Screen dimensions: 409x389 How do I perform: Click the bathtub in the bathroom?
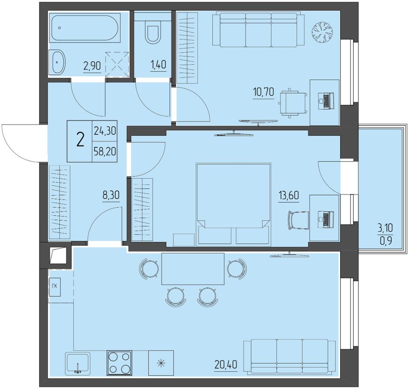tap(85, 28)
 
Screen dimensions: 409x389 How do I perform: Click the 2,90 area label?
tap(92, 66)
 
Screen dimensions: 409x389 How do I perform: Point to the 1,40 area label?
tap(158, 64)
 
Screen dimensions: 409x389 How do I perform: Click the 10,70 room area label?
tap(263, 92)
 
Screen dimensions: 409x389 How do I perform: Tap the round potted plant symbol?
tap(322, 32)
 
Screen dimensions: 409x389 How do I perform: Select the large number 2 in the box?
tap(81, 140)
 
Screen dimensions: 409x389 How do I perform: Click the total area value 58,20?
tap(105, 152)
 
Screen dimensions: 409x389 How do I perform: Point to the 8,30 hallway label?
tap(111, 195)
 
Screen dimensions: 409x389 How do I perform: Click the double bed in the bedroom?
tap(233, 205)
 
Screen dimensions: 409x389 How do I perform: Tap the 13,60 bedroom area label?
tap(289, 195)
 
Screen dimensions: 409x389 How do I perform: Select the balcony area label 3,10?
tap(385, 228)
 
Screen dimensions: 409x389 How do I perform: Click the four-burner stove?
tap(119, 363)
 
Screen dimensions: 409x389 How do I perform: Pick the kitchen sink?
tap(78, 363)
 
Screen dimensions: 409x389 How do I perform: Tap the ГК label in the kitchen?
tap(55, 286)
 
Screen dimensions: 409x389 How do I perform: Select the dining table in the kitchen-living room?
tap(193, 269)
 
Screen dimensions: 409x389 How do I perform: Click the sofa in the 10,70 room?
tap(258, 29)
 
